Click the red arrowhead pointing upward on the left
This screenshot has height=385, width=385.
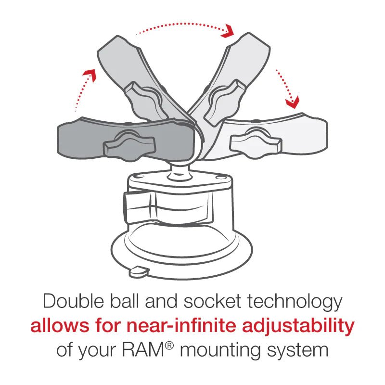point(88,73)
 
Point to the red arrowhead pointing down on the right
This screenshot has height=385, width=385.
point(292,102)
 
